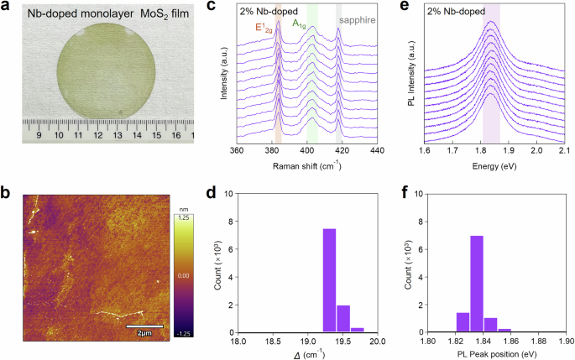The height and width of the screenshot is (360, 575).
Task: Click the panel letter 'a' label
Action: click(x=8, y=8)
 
